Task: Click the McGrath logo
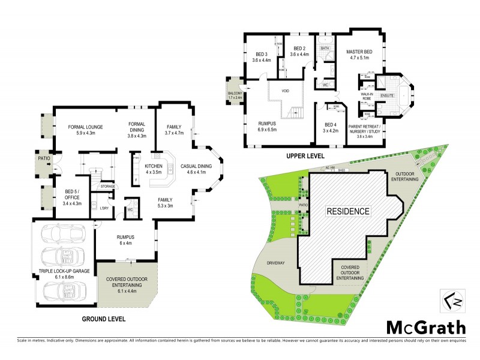(x=425, y=328)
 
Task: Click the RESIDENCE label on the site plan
(x=348, y=211)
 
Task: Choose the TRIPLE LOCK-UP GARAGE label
(x=64, y=272)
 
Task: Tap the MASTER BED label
(x=359, y=52)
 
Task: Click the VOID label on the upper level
(x=285, y=91)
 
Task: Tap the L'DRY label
(x=103, y=208)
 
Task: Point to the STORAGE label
(x=107, y=187)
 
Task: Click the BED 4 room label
(x=331, y=127)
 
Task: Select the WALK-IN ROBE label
(x=367, y=97)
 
